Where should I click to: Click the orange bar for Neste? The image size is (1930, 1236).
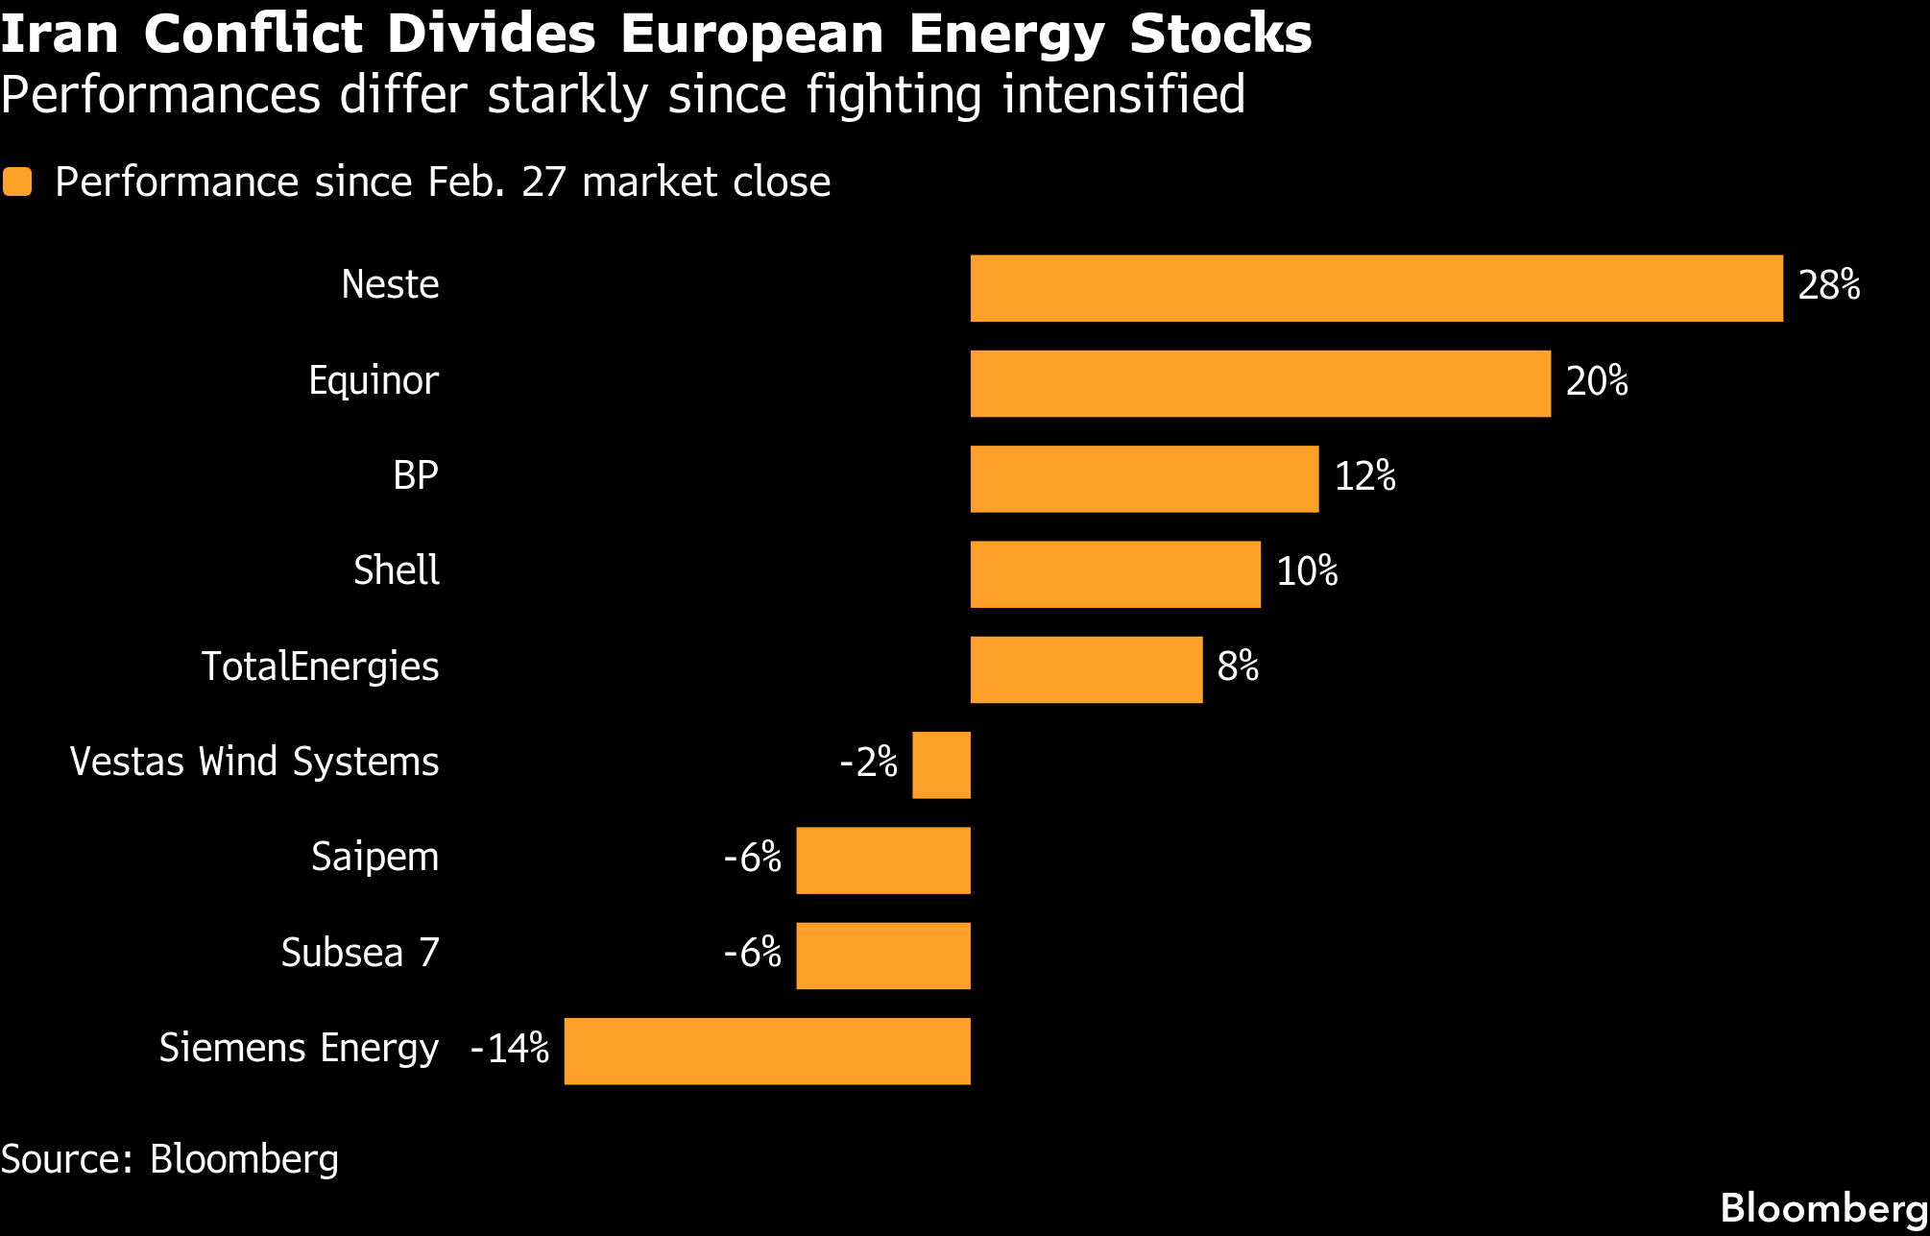tap(1376, 288)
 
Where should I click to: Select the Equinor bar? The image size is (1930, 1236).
tap(1260, 383)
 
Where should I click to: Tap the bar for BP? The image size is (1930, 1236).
tap(1144, 478)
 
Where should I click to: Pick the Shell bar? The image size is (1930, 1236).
tap(1115, 574)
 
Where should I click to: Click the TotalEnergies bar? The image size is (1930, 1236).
tap(1086, 669)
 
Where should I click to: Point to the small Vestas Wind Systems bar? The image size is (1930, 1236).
tap(941, 764)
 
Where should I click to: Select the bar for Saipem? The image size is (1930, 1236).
tap(882, 860)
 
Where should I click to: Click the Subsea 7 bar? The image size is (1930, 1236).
tap(882, 956)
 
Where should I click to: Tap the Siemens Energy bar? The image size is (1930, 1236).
tap(766, 1051)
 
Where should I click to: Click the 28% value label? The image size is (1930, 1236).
tap(1828, 285)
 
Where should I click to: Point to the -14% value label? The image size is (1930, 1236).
tap(509, 1048)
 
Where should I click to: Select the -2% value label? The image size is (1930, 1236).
tap(868, 762)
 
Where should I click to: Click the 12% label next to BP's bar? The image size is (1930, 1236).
tap(1364, 476)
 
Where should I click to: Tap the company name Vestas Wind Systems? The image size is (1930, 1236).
tap(254, 762)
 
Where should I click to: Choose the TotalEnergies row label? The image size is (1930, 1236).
tap(320, 666)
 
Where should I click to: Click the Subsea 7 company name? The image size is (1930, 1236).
tap(360, 953)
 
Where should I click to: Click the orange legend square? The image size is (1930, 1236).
tap(18, 182)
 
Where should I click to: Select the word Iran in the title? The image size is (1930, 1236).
tap(60, 34)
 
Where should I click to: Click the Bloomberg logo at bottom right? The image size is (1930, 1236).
tap(1823, 1207)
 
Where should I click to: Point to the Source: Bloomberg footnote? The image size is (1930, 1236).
tap(170, 1159)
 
